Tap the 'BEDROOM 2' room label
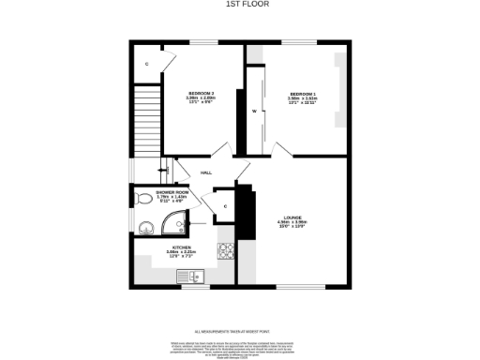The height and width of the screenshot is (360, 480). click(x=201, y=96)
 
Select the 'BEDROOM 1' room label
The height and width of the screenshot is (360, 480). click(x=302, y=96)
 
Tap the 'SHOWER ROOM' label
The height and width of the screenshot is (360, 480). click(x=172, y=194)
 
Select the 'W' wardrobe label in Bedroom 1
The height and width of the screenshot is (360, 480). click(x=253, y=112)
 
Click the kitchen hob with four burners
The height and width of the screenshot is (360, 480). click(x=225, y=249)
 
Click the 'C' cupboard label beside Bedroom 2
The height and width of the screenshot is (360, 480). click(x=147, y=64)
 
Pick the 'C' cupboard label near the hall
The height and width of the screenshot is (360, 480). click(x=226, y=205)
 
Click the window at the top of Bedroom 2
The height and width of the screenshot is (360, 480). click(x=203, y=42)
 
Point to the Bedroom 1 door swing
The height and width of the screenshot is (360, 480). click(x=280, y=150)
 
